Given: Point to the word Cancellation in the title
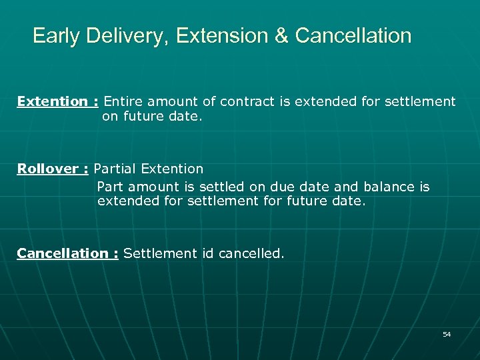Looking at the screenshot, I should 353,35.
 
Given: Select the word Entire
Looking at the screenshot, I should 124,101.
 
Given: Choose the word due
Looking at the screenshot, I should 280,187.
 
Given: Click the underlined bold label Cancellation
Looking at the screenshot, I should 63,253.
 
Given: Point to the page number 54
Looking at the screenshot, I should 447,334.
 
